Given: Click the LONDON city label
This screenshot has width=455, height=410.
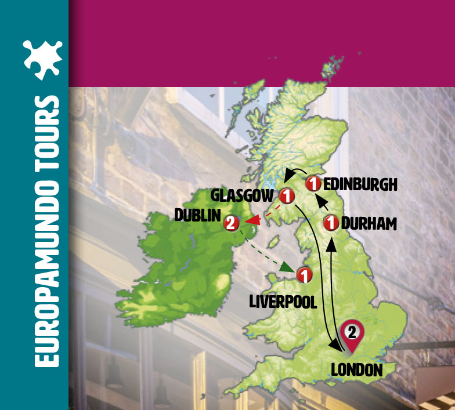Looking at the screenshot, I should pos(357,370).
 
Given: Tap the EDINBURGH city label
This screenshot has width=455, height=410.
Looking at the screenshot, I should pos(360,184).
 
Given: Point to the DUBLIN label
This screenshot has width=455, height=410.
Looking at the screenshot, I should pos(197,216).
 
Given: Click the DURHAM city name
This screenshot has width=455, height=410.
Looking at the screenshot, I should pos(369,223).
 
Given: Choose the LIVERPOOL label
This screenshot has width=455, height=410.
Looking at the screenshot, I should pos(283,302).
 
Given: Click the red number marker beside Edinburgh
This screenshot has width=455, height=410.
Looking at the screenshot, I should pos(313,184).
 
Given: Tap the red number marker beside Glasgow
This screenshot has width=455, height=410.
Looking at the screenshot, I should pos(286,194).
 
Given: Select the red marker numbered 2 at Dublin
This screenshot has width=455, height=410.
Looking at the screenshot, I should pos(230,222).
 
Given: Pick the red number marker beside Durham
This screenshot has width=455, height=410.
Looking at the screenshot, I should pos(331,223).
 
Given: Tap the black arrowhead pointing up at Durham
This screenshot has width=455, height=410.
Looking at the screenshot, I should pos(332,246).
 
